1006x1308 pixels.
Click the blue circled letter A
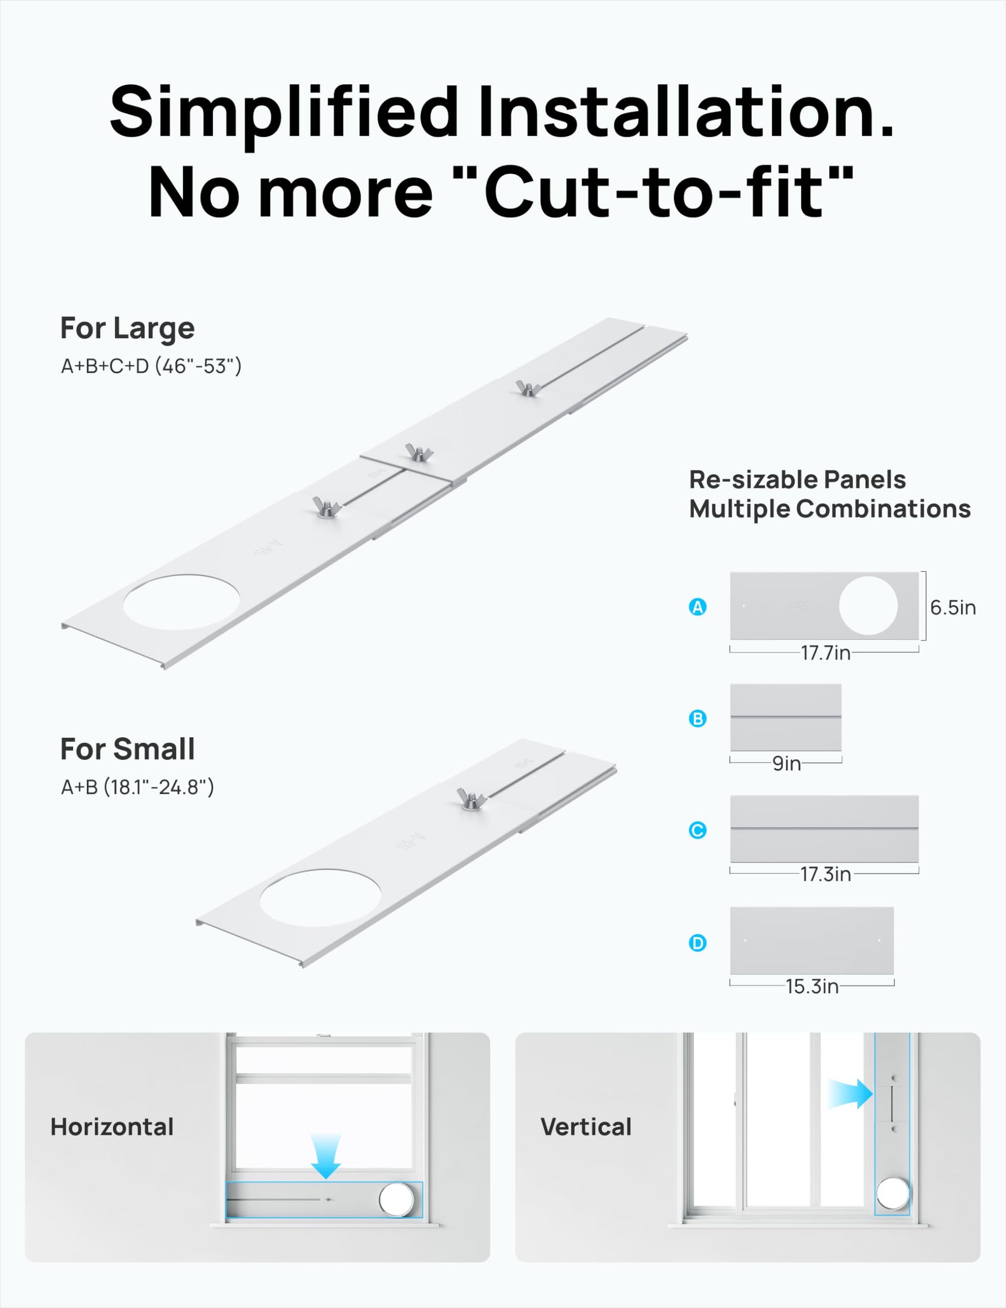(x=697, y=607)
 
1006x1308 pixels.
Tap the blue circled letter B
(x=697, y=719)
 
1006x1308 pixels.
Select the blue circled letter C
(x=697, y=830)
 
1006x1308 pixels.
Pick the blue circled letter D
(x=697, y=944)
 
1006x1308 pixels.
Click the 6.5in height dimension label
(x=953, y=607)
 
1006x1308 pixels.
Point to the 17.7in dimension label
(x=826, y=653)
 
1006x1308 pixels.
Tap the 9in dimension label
(x=786, y=763)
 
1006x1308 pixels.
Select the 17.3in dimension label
(x=826, y=874)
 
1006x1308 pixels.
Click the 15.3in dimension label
(x=812, y=986)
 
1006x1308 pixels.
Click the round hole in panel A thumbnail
(x=868, y=605)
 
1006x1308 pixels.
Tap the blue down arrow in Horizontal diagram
(x=326, y=1157)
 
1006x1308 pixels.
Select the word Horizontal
(x=112, y=1127)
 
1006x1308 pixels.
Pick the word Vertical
(x=586, y=1127)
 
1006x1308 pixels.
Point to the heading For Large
(x=128, y=328)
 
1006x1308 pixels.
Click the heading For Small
(x=128, y=749)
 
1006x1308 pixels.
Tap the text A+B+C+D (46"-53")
(x=151, y=366)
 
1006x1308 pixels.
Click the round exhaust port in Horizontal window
(x=397, y=1199)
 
